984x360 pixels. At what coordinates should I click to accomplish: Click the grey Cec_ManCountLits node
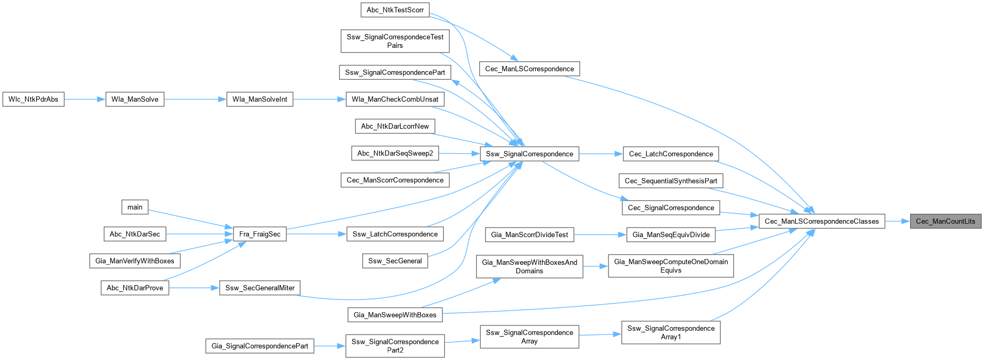[945, 221]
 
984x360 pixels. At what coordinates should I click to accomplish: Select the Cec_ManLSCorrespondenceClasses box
[822, 221]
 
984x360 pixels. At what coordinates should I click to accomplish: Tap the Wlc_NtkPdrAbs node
[34, 99]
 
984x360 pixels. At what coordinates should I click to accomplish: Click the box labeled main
[135, 207]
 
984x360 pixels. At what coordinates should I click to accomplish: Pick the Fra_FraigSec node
[260, 234]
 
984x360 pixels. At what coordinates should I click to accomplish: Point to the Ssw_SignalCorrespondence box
[529, 154]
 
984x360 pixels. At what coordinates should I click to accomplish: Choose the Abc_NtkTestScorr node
[395, 10]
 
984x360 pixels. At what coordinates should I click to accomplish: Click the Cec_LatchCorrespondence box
[671, 154]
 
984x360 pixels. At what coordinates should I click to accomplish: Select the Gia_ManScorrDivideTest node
[529, 235]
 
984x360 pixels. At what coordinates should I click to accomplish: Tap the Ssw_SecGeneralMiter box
[260, 288]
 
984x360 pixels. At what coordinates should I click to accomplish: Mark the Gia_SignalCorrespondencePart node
[260, 346]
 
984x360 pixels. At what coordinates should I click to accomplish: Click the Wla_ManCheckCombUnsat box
[395, 99]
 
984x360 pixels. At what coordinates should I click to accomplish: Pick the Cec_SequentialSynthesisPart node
[671, 181]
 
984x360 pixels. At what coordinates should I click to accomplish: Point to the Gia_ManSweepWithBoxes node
[395, 315]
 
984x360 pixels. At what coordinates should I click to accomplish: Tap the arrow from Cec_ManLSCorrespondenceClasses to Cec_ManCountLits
[897, 221]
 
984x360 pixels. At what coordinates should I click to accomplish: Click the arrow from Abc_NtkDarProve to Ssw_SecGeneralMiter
[194, 288]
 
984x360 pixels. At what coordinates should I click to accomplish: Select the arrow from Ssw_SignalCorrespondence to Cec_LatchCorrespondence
[601, 154]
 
